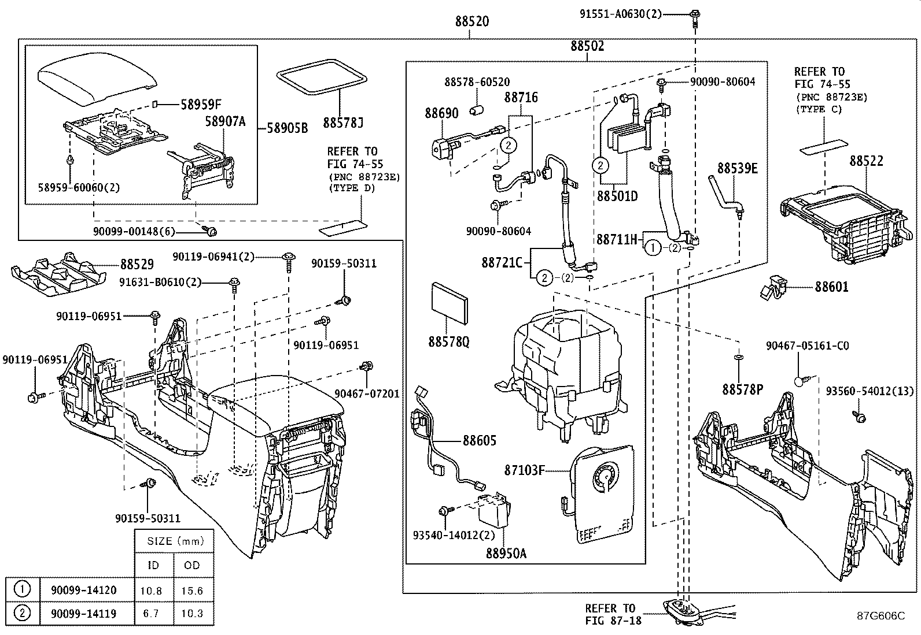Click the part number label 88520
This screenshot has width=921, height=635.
coord(471,22)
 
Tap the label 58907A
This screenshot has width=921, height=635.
coord(225,121)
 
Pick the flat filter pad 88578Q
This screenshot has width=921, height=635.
coord(450,306)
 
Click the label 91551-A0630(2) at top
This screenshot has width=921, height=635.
coord(621,14)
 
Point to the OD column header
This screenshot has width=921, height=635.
coord(192,565)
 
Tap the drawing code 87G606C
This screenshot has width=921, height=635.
coord(881,616)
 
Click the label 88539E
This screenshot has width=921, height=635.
coord(737,168)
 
